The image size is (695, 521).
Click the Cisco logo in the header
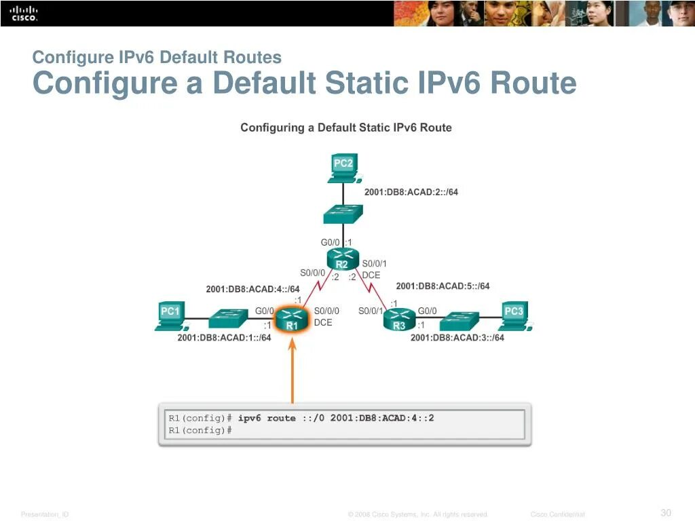[x=24, y=13]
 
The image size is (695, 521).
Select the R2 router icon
[x=342, y=259]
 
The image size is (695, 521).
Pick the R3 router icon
[x=399, y=319]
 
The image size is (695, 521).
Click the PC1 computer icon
[x=170, y=316]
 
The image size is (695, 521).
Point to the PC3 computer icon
[x=514, y=316]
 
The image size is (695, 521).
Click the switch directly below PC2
[x=343, y=214]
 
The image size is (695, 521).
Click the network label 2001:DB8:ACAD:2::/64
[x=411, y=192]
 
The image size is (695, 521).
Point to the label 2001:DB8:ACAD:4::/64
[x=252, y=289]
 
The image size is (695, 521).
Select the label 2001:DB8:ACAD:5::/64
[x=443, y=286]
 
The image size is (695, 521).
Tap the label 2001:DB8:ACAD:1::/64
[x=224, y=338]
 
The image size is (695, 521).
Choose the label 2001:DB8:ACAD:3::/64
[x=457, y=338]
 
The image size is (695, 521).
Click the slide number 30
[x=666, y=512]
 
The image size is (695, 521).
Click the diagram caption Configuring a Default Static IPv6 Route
[x=346, y=128]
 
